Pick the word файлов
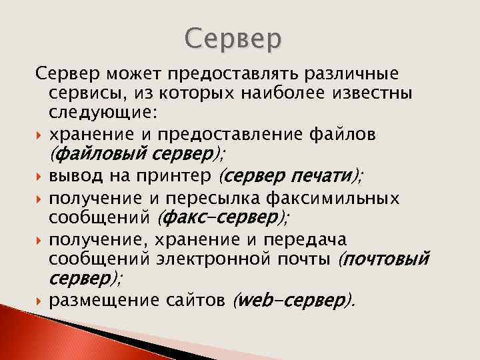(337, 135)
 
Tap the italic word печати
(324, 176)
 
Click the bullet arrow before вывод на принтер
(40, 177)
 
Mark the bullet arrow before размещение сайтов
(40, 301)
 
